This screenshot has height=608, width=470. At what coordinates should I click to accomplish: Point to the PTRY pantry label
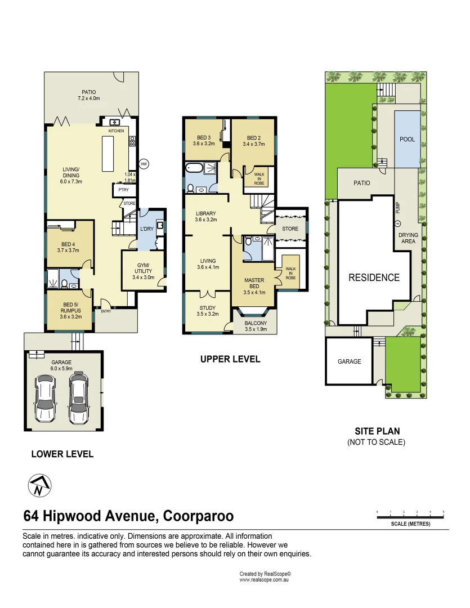coord(123,190)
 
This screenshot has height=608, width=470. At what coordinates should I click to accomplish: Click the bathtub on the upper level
coord(194,168)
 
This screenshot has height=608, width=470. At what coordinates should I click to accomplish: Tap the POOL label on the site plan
coord(407,139)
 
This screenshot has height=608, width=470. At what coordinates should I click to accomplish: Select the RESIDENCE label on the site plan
coord(374,278)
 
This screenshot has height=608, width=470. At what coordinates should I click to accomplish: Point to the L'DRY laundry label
coord(146,230)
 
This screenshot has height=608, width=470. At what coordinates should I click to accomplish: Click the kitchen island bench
coord(109,153)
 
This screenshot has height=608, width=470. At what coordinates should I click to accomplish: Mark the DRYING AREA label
coord(408,238)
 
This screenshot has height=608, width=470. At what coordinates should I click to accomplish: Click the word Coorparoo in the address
coord(199,516)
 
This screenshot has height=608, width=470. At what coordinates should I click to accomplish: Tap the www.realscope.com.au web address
coord(265,579)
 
